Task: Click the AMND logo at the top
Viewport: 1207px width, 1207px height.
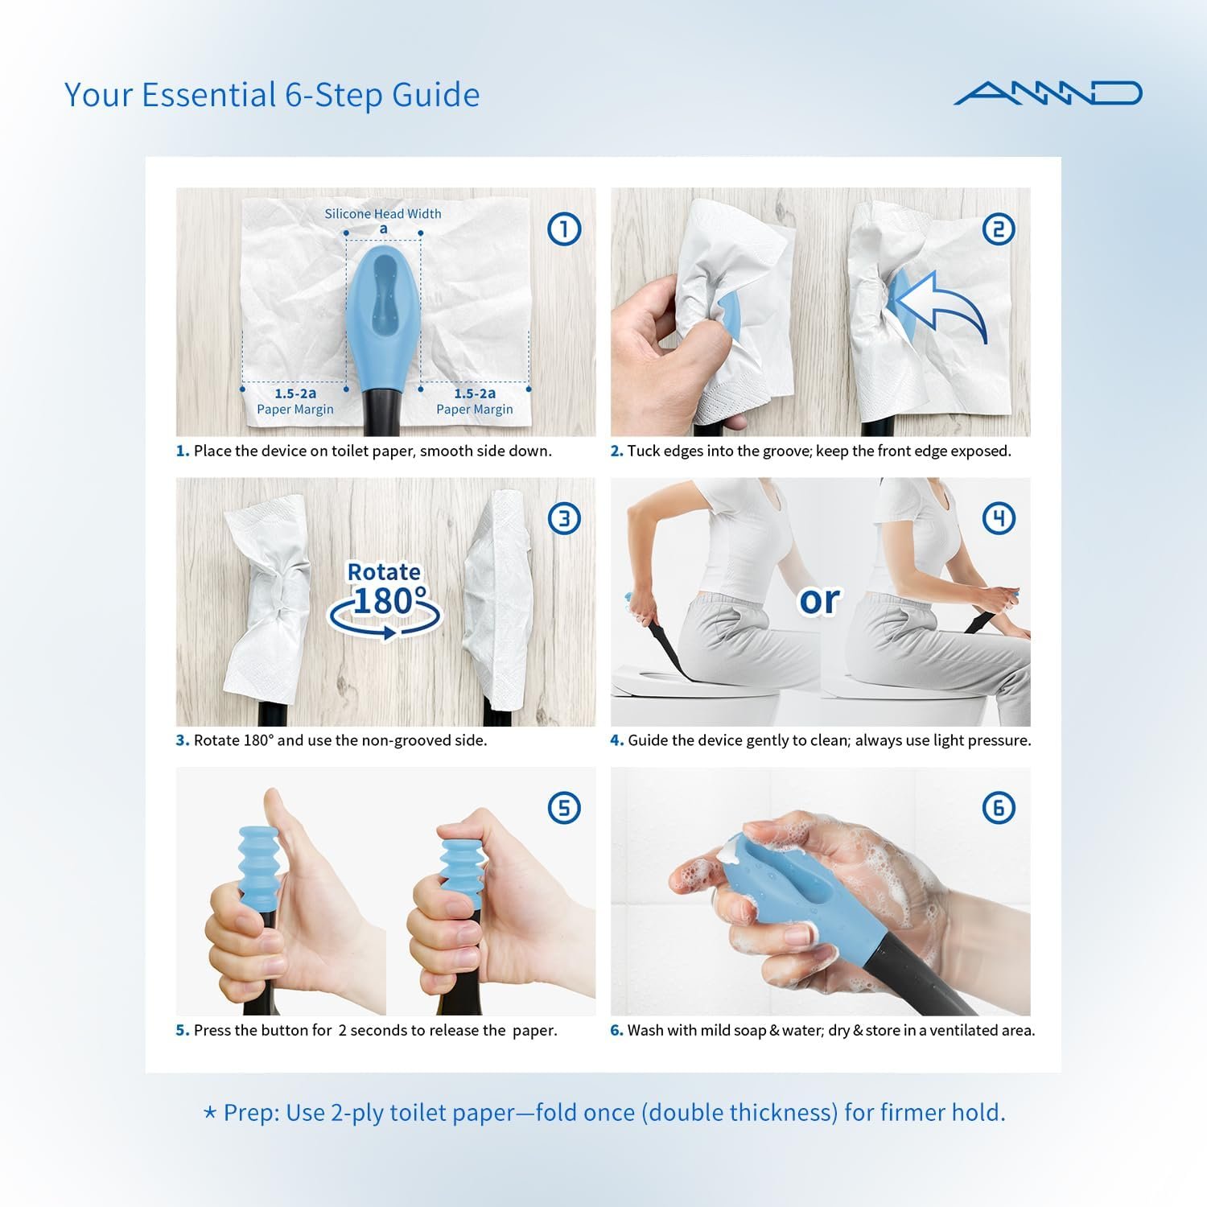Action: coord(1048,93)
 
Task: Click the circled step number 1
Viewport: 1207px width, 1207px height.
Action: coord(564,229)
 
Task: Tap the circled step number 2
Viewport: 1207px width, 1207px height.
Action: coord(999,229)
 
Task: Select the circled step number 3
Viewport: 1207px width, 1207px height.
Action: coord(564,519)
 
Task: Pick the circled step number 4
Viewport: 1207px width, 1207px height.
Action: coord(999,519)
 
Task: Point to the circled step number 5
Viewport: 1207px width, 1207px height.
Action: coord(564,808)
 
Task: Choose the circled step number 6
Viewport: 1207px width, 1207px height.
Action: coord(999,808)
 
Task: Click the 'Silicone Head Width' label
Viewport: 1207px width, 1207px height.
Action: coord(383,214)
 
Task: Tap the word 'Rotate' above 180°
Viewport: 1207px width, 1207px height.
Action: coord(384,572)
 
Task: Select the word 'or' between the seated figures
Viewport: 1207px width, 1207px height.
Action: coord(819,600)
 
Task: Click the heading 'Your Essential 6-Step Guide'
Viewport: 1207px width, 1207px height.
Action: coord(272,95)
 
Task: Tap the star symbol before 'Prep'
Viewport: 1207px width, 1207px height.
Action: coord(210,1113)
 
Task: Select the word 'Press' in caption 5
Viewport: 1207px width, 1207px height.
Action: coord(212,1030)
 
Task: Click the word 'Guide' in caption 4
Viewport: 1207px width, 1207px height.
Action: coord(648,740)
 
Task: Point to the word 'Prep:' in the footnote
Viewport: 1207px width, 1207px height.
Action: coord(251,1114)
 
